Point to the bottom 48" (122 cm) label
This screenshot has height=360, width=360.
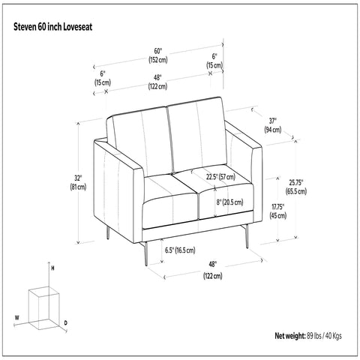[213, 270]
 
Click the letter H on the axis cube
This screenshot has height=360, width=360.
[52, 268]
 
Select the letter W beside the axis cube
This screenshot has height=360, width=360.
[16, 318]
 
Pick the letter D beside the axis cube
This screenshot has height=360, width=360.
[66, 323]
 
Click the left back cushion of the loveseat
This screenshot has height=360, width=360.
[139, 139]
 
